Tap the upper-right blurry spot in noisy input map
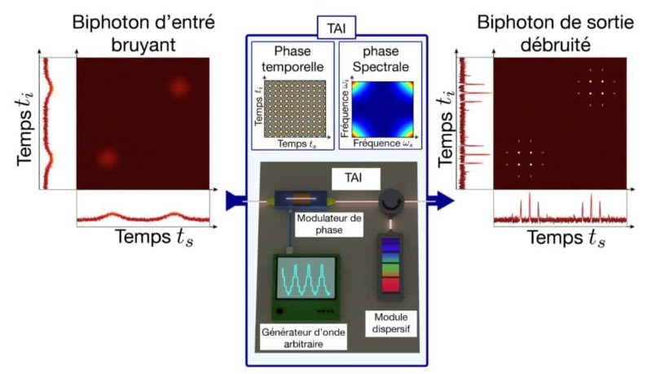[x=179, y=86]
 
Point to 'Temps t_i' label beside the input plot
[x=20, y=123]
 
